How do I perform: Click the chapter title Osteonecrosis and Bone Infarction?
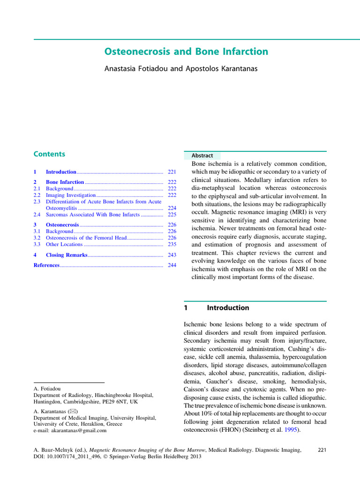186,52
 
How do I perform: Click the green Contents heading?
49,154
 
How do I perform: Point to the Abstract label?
202,156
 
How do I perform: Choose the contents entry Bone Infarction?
65,182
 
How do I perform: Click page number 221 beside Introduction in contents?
172,172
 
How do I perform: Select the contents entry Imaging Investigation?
70,195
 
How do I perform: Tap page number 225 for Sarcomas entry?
172,215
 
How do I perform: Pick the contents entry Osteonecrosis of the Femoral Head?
86,238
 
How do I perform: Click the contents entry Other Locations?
64,244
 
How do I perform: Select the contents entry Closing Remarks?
67,255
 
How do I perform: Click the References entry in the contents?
46,265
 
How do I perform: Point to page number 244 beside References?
172,265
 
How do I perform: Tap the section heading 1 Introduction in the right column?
216,308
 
